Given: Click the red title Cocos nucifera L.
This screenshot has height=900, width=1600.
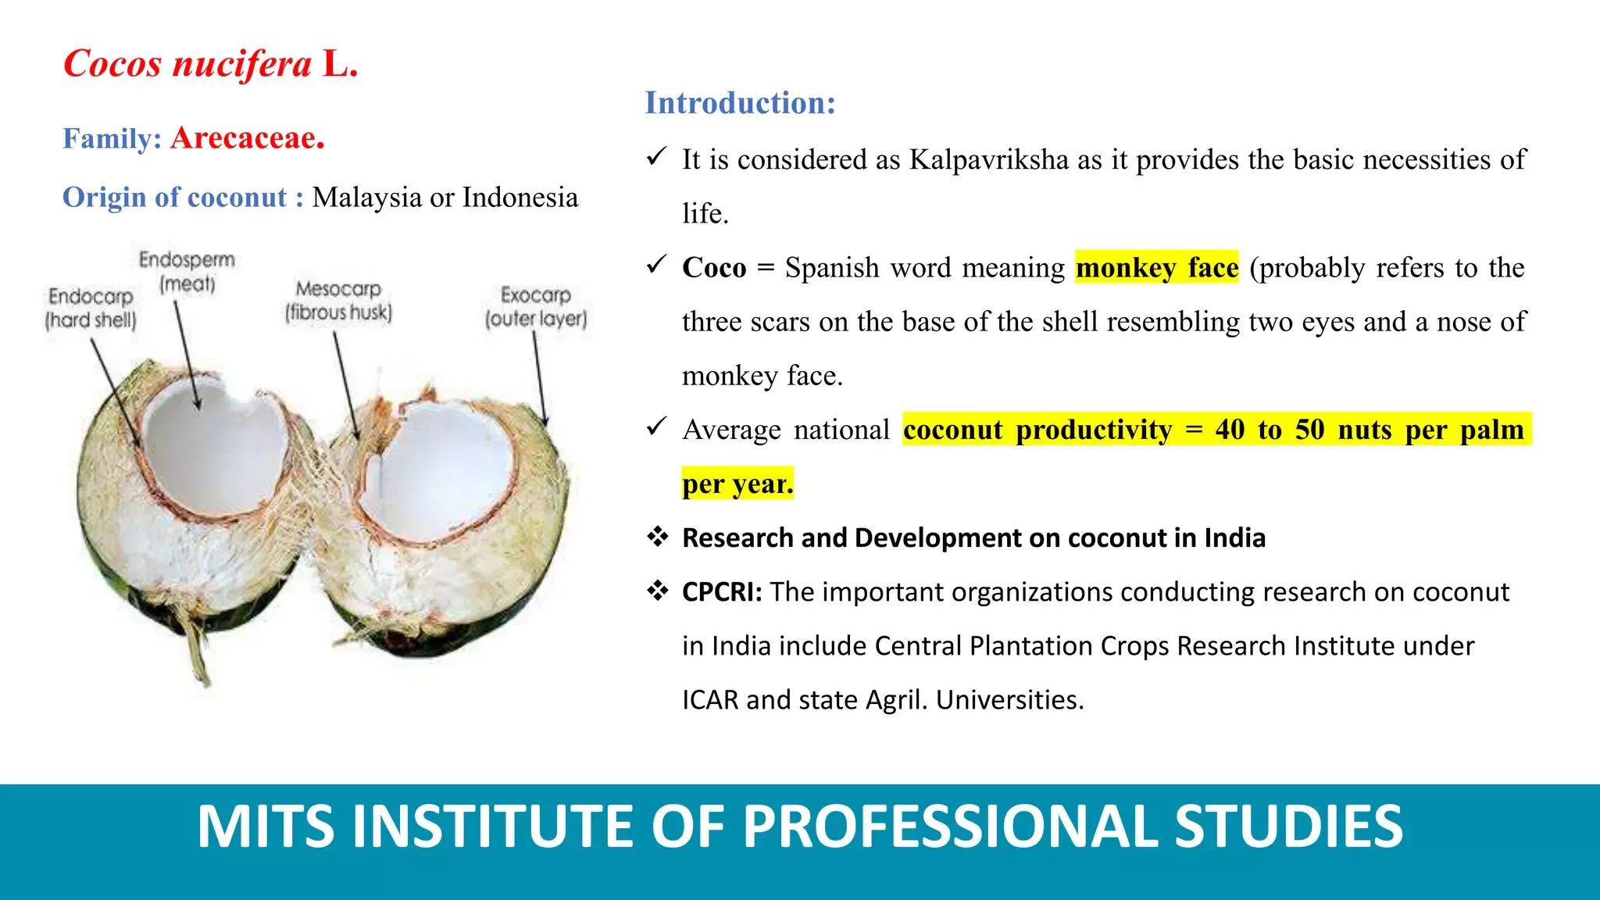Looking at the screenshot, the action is point(211,64).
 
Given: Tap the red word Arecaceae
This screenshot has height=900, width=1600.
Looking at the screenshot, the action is point(248,138).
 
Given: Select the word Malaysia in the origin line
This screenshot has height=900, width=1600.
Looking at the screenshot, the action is point(367,198).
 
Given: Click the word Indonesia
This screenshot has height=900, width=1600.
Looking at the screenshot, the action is point(520,197).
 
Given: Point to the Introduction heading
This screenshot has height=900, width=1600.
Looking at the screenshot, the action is point(740,103).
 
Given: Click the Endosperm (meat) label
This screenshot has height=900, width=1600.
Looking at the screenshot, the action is point(187,271).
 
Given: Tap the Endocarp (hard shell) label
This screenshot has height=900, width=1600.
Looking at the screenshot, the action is point(91,308).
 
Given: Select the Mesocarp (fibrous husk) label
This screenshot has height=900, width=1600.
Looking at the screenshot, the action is point(338,301).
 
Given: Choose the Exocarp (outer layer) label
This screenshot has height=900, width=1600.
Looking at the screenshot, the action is point(536,307).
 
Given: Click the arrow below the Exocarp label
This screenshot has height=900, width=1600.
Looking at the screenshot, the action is point(540,379).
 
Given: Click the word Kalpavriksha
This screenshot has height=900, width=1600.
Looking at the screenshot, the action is point(989,160).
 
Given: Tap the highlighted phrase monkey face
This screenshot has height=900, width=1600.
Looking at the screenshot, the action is point(1157,268).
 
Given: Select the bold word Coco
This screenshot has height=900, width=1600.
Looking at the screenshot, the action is point(714,268).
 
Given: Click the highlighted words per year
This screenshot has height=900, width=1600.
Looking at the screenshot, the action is point(737,484).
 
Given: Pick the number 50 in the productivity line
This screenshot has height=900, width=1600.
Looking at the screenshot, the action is point(1310,430).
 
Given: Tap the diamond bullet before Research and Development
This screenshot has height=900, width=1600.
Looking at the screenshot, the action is point(658,537).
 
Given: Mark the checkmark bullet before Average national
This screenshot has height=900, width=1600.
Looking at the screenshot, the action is point(656,427).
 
